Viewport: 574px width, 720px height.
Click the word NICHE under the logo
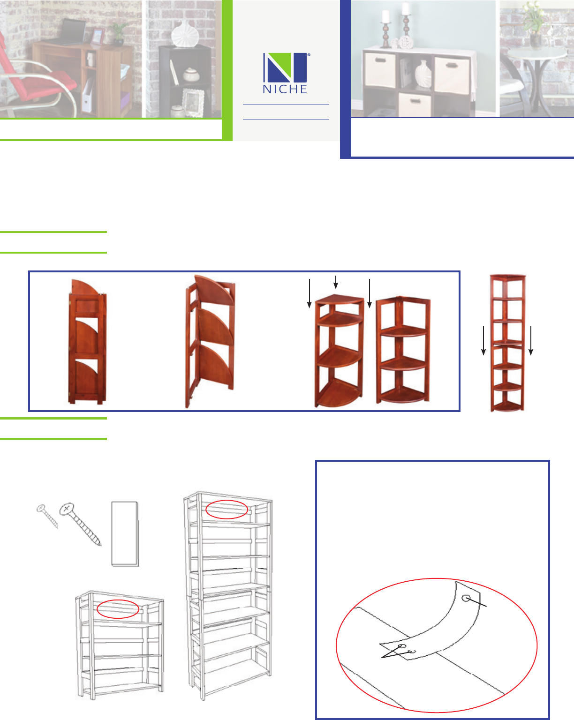[x=285, y=90]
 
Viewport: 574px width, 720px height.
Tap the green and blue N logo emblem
[x=286, y=67]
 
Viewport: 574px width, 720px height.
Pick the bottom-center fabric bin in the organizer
[x=414, y=104]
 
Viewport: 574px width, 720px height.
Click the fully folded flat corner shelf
[x=87, y=342]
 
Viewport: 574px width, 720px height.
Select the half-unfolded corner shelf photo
[x=210, y=341]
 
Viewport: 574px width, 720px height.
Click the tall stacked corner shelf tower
[x=507, y=343]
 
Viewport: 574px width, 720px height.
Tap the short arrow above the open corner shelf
[x=336, y=282]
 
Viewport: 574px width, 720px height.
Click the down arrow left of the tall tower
[x=483, y=340]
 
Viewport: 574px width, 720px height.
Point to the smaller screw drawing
[x=47, y=516]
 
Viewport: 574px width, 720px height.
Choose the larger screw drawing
[x=80, y=524]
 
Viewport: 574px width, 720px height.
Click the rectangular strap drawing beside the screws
[x=125, y=533]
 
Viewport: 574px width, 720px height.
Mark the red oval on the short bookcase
[x=118, y=609]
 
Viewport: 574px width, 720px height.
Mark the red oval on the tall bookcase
[x=227, y=510]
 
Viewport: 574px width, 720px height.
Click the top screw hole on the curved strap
[x=466, y=598]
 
